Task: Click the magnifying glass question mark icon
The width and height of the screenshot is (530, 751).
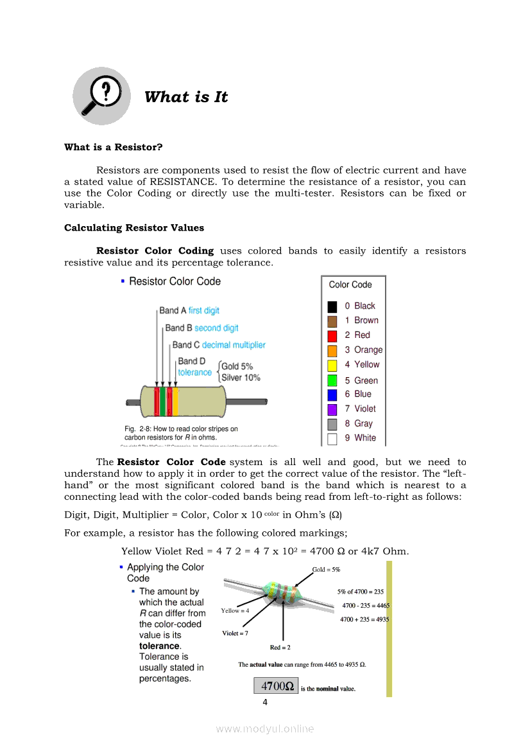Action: (101, 96)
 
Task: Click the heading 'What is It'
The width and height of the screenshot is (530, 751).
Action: (186, 97)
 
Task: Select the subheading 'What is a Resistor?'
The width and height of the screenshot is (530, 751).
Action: (114, 147)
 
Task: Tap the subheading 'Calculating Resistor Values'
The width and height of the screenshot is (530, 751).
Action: (134, 227)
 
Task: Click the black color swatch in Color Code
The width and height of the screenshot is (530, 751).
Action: (332, 306)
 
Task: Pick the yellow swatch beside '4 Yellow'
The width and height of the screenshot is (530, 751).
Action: (332, 365)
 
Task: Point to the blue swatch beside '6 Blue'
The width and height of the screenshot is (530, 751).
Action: (332, 394)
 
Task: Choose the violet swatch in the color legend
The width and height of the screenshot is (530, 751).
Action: (332, 409)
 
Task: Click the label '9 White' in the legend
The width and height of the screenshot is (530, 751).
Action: (361, 438)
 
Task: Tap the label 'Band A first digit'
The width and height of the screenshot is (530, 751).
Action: (189, 310)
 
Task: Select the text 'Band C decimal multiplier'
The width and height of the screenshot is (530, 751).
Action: (219, 345)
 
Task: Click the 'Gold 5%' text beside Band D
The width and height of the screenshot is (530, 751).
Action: (237, 366)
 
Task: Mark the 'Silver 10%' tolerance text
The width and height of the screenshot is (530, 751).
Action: (241, 378)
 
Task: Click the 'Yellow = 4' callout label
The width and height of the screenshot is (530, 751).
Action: (235, 610)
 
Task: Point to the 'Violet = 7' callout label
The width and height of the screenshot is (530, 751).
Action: (235, 633)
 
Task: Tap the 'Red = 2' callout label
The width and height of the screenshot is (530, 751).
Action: (280, 647)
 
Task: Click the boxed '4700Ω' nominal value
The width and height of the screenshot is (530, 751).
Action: (277, 686)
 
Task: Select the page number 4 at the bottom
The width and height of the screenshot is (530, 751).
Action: (265, 702)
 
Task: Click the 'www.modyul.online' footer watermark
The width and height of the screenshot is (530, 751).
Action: (265, 729)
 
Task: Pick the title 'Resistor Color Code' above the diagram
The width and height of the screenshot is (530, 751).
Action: (175, 281)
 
